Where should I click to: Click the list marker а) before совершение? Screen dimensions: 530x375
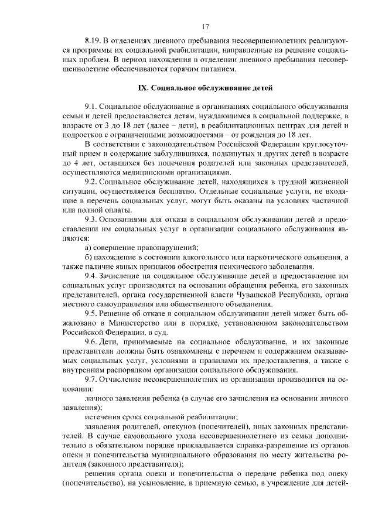[88, 248]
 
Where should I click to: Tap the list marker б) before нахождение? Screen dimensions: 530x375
[88, 257]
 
